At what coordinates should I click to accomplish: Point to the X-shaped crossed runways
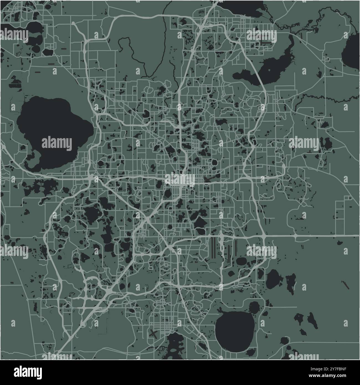[x=153, y=333]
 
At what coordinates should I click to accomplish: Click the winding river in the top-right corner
[x=319, y=17]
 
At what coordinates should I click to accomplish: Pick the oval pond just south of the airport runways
[x=242, y=261]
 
